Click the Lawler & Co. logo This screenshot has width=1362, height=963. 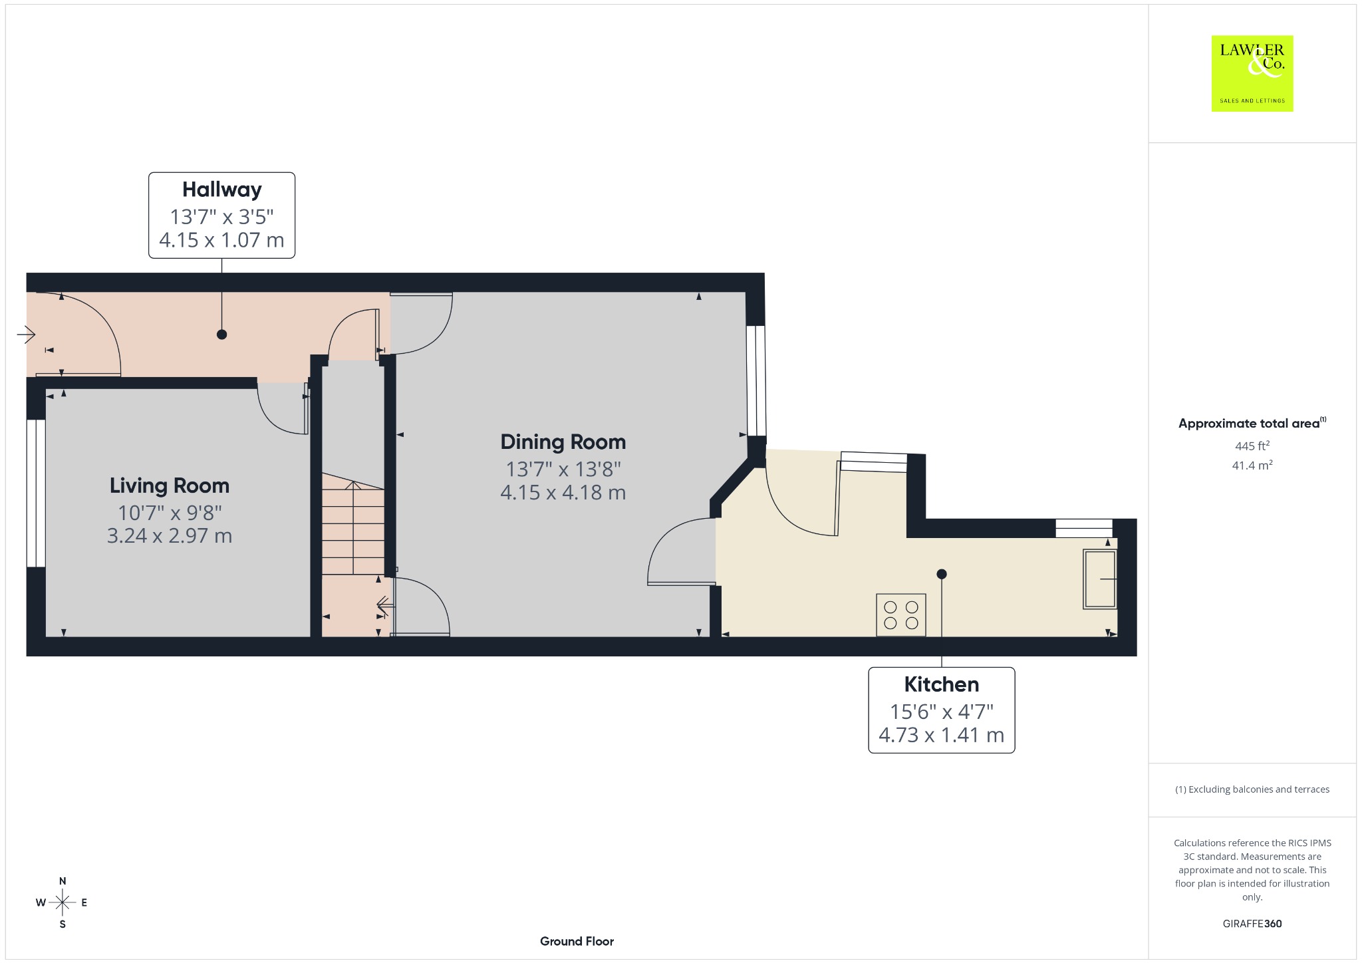1252,73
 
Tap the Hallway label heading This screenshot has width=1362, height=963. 221,190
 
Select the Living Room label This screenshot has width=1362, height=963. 170,485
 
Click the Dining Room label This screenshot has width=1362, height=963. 563,442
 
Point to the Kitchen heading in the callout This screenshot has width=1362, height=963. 941,684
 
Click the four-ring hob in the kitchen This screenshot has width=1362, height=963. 901,615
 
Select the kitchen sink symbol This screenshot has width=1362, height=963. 1100,579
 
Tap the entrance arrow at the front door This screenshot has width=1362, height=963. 26,334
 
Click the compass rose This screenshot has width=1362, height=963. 62,902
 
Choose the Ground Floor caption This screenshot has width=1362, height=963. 577,941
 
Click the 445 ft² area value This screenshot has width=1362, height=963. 1252,446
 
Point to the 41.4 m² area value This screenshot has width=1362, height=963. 1252,465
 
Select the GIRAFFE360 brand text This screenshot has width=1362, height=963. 1252,924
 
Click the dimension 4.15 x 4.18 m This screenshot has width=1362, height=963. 563,493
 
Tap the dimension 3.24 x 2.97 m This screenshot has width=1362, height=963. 170,536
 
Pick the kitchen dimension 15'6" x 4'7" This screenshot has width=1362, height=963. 941,712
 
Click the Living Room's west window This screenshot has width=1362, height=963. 36,493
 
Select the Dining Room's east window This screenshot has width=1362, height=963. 755,380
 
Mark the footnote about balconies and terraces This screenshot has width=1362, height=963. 1252,789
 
